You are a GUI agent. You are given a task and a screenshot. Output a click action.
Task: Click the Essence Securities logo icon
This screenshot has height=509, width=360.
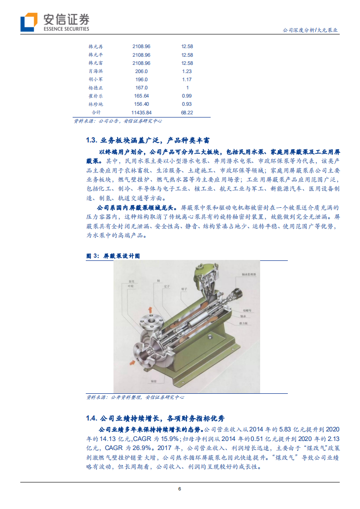[x=29, y=22]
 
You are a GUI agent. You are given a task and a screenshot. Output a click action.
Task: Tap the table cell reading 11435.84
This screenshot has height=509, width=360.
[x=141, y=113]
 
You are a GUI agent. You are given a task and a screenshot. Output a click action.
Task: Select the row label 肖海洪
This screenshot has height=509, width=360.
[x=96, y=71]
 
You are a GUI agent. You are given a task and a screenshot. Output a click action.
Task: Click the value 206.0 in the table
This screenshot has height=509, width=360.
[x=141, y=71]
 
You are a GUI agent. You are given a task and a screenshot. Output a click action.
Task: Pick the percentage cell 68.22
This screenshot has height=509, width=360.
[x=187, y=113]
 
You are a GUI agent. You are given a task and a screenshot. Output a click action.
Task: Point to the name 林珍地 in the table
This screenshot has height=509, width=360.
[x=96, y=104]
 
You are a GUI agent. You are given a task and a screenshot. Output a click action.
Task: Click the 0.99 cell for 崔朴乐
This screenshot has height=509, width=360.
[x=187, y=96]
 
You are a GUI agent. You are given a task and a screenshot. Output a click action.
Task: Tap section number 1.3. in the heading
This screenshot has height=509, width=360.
[x=92, y=139]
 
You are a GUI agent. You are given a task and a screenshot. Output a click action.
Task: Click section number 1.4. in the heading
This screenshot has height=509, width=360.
[x=92, y=418]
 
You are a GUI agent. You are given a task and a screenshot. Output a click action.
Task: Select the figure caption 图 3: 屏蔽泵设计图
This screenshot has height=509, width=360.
[x=113, y=256]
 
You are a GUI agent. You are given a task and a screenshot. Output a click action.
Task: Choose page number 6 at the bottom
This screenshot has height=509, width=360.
[x=180, y=489]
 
